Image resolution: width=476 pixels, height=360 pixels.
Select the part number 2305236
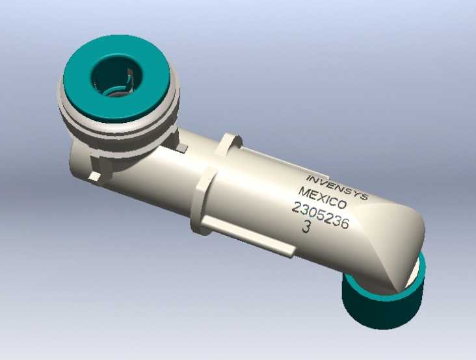(x=321, y=215)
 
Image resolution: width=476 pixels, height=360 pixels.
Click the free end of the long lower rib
(x=286, y=250)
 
